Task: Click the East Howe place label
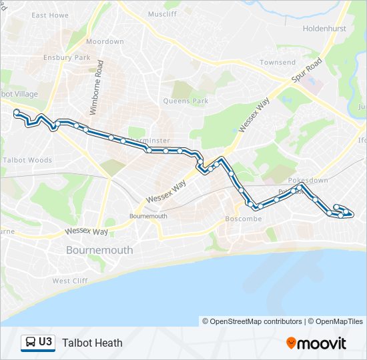(50, 15)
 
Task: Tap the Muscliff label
(162, 14)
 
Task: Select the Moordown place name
(105, 41)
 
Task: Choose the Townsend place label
(278, 63)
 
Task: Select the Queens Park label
(186, 101)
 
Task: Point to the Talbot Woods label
(27, 160)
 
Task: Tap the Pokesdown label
(308, 181)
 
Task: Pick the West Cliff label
(70, 281)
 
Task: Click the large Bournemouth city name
(99, 250)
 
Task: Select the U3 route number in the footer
(45, 343)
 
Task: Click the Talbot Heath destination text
(92, 343)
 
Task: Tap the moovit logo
(316, 343)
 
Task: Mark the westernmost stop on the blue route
(16, 113)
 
